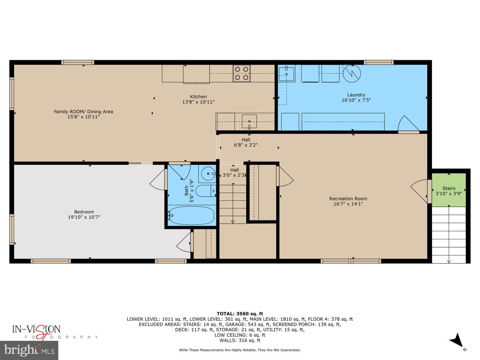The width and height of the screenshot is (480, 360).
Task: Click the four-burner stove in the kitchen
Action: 241,73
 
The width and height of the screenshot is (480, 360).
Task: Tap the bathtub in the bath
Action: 192,216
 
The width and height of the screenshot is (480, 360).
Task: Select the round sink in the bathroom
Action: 207,173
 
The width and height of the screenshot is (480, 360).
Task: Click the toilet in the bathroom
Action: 205,191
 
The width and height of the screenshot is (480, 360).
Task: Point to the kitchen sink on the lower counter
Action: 249,122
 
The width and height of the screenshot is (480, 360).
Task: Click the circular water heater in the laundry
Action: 352,73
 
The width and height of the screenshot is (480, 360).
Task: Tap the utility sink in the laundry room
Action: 286,74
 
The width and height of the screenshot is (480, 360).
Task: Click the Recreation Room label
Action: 348,199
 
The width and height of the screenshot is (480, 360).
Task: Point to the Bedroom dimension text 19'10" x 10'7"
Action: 84,217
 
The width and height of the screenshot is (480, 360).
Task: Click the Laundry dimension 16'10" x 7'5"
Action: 356,100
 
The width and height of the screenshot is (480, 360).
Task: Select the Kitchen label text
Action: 198,97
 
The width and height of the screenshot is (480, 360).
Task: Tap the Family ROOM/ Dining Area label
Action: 83,111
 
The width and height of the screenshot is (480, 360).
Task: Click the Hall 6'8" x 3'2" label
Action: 246,142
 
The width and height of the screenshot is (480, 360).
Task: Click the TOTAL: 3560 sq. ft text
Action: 240,313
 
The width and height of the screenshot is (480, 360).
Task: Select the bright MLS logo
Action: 29,350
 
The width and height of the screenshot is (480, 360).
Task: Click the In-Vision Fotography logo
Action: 37,331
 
